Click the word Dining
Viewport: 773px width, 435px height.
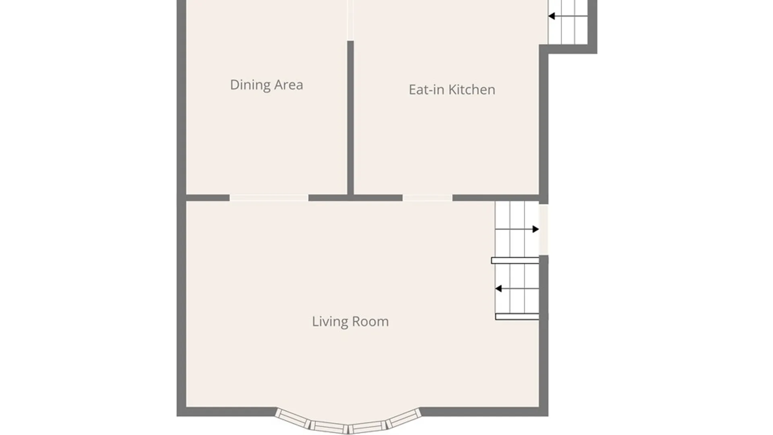click(x=250, y=85)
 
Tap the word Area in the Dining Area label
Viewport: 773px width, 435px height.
click(x=289, y=85)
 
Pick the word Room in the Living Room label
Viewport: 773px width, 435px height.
click(x=371, y=321)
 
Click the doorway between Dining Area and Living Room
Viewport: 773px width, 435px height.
click(x=269, y=198)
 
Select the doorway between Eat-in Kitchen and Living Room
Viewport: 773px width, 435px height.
click(x=427, y=198)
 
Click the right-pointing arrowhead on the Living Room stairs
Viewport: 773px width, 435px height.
click(x=535, y=229)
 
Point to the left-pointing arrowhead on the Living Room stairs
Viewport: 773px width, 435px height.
click(x=498, y=288)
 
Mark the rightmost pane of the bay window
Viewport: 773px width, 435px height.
click(x=404, y=418)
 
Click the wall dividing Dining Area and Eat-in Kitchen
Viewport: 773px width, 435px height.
click(x=350, y=117)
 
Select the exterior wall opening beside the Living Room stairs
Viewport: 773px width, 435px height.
click(x=544, y=229)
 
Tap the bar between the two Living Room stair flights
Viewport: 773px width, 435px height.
click(x=515, y=261)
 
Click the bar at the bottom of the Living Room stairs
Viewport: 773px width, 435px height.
click(x=517, y=317)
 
